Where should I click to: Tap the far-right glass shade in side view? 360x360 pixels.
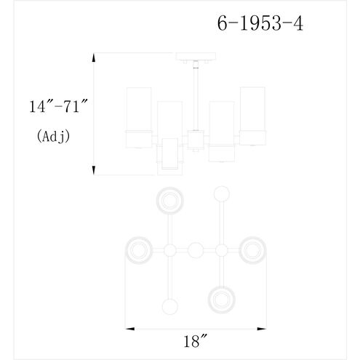tap(252, 116)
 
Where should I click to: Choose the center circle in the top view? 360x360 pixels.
tap(195, 251)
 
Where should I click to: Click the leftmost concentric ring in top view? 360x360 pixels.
tap(140, 251)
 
